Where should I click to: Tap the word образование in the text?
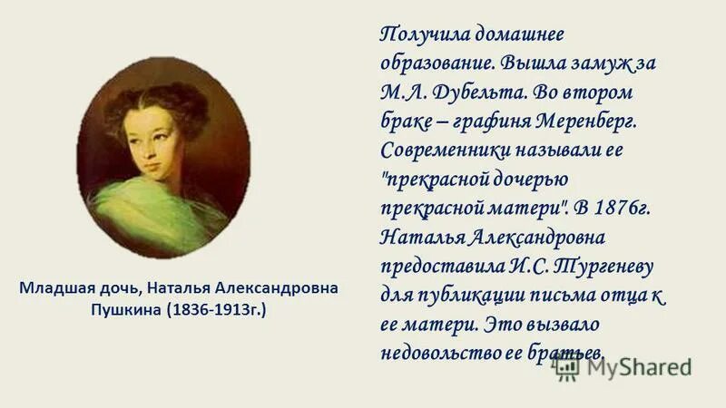[x=434, y=64]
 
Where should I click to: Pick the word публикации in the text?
[x=464, y=296]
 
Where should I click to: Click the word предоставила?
[x=434, y=267]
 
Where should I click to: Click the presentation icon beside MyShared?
[x=568, y=365]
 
